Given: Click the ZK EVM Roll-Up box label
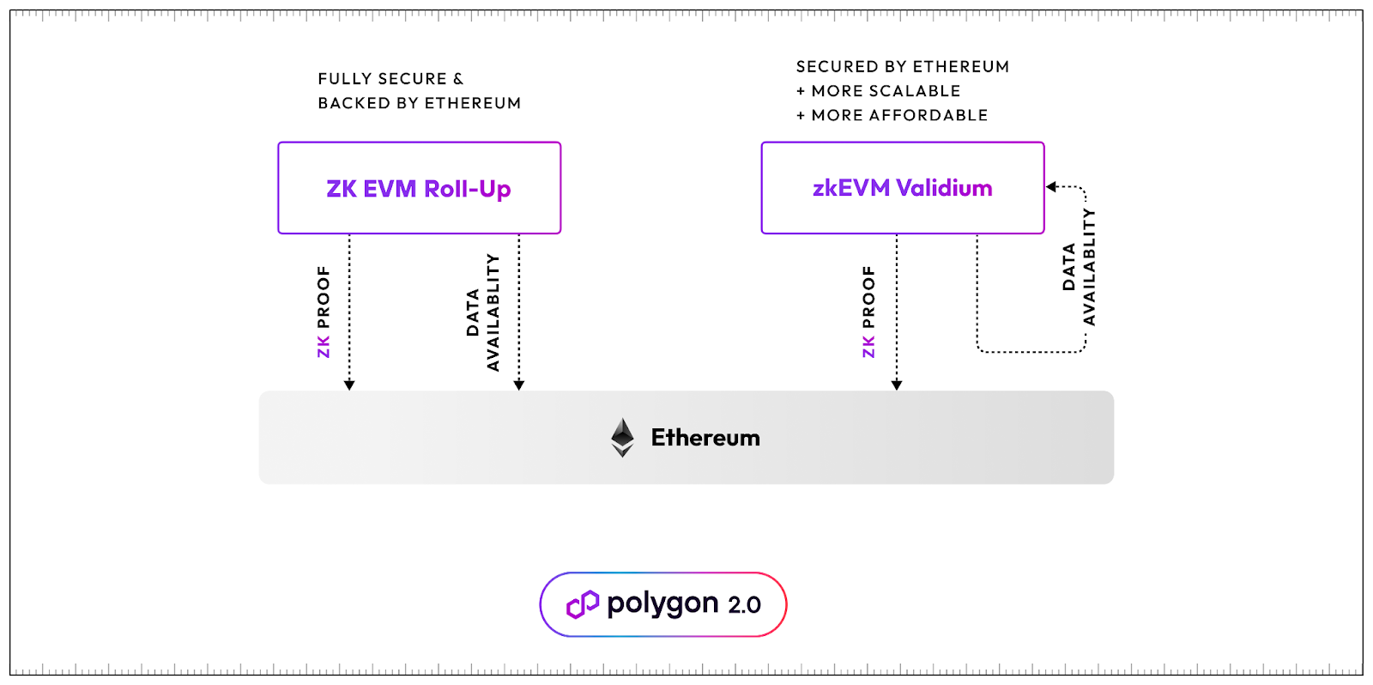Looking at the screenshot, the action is coord(419,189).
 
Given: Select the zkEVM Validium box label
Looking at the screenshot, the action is coord(902,188).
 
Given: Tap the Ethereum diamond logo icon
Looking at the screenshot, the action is coord(622,437).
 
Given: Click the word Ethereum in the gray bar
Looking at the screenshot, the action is coord(705,438).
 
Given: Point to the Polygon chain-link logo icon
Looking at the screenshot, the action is coord(583,604).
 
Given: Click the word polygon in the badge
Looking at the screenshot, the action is coord(662,604).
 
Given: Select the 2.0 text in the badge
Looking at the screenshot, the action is coord(744,605).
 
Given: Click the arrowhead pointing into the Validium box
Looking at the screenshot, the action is coord(1051,186).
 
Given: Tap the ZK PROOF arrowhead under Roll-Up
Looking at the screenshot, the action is coord(349,385).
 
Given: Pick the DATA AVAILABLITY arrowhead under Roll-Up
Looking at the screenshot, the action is coord(518,385).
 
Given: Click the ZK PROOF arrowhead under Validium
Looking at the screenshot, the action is coord(896,385).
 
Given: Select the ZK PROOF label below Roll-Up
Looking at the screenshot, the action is coord(324,312).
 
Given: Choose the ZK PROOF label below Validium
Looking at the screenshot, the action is coord(868,312).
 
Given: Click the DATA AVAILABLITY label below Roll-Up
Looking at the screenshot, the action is coord(483,312).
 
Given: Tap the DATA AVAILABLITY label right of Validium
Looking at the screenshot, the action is coord(1079,267).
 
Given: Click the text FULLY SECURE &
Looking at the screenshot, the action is coord(390,78).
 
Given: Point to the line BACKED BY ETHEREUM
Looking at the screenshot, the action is coord(420,103).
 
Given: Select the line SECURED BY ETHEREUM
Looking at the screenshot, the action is coord(902,66).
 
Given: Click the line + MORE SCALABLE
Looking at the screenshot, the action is coord(878,91).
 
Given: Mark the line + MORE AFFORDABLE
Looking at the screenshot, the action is coord(892,115).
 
